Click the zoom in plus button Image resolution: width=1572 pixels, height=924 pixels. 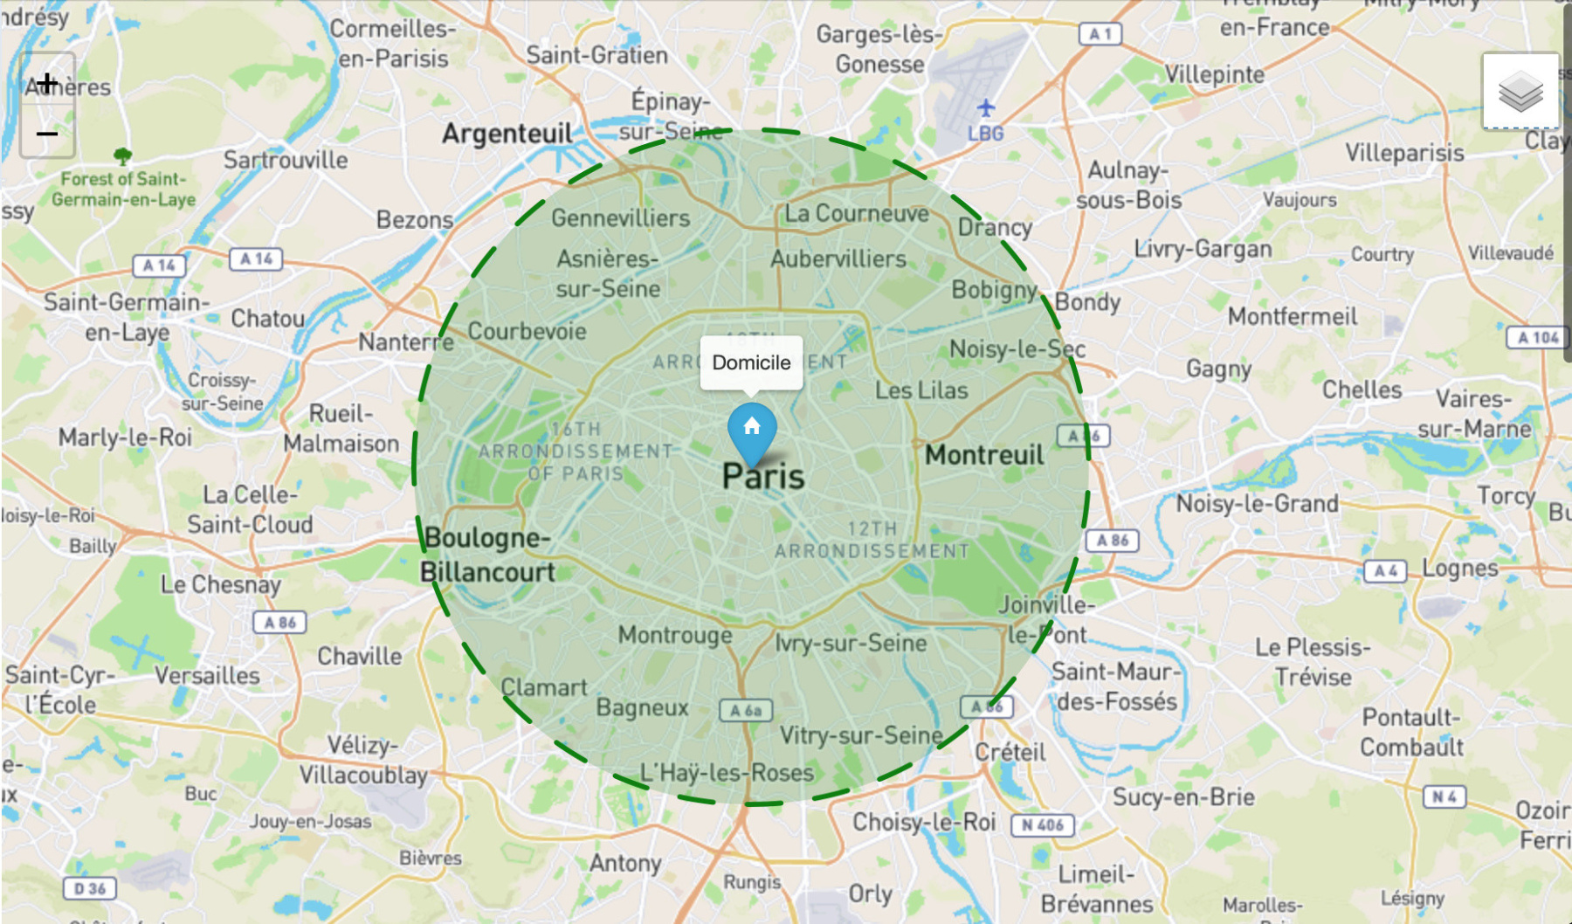pos(47,83)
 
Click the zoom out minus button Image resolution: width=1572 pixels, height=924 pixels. pos(47,134)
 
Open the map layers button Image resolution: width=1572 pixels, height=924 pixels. pos(1520,92)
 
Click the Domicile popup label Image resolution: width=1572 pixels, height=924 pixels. pos(751,362)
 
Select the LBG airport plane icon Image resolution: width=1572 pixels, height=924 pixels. pos(986,108)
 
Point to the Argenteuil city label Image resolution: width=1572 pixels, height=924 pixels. pos(507,134)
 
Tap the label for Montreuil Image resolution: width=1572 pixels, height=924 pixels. pos(984,455)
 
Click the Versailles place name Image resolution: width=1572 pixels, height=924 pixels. pos(208,675)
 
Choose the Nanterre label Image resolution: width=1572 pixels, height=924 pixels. pos(406,342)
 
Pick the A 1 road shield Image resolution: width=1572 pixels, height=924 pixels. pos(1100,34)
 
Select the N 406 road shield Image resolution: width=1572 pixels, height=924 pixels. pos(1042,825)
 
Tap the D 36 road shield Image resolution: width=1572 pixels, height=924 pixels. pos(90,889)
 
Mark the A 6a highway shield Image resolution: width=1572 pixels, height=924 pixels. pos(746,711)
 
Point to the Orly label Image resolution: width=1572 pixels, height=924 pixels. pos(870,893)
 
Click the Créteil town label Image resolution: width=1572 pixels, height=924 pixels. pos(1010,752)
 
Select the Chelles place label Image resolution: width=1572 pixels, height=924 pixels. pos(1362,390)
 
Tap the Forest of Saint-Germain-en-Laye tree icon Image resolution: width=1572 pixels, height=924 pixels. pos(123,156)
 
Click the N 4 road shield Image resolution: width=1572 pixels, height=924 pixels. pos(1444,796)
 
